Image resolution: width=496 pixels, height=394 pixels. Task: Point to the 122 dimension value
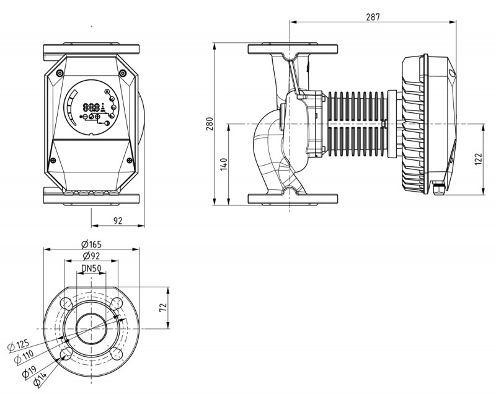coord(478,159)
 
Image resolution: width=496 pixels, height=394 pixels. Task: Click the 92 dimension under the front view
coord(118,220)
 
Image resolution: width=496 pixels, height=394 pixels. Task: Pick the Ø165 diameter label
coord(91,244)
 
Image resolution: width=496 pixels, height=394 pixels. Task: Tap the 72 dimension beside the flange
coord(164,308)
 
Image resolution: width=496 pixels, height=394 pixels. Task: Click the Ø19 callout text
coord(27,371)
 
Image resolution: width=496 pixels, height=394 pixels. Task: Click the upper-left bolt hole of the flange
coord(66,302)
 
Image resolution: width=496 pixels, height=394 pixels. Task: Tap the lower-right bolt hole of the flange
coord(117,354)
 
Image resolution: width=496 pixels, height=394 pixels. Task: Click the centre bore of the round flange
coord(91,328)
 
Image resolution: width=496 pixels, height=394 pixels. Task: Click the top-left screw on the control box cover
coord(60,73)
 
